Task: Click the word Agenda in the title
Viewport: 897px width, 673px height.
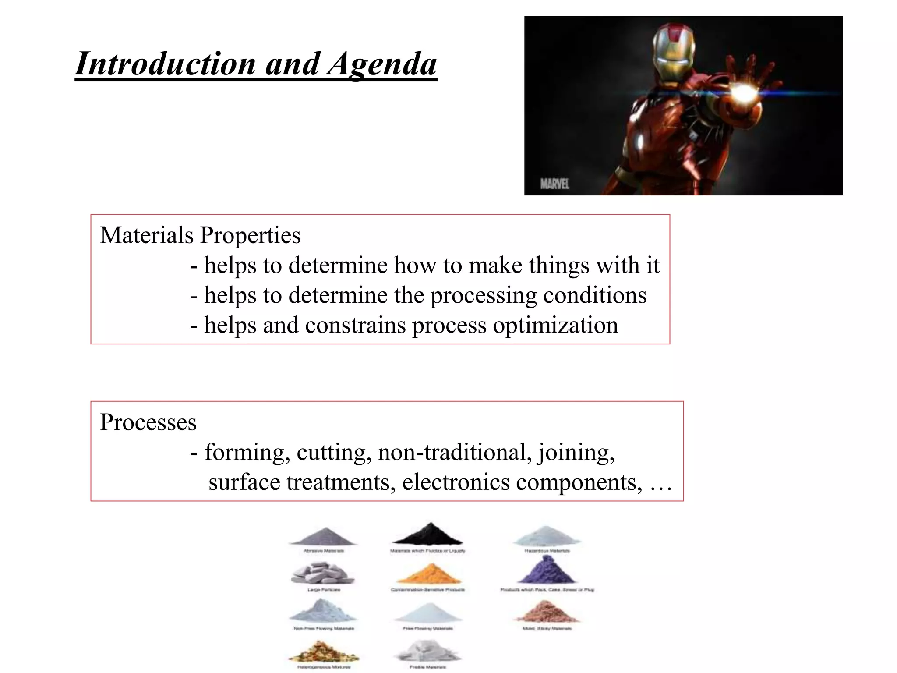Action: [x=382, y=64]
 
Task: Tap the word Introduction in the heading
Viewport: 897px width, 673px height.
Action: [x=165, y=64]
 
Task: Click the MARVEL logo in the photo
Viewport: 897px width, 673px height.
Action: [x=554, y=184]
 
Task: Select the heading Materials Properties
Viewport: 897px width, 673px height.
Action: [x=200, y=235]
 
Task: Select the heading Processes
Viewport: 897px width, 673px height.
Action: [x=148, y=422]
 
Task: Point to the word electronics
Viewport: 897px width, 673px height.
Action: [x=456, y=482]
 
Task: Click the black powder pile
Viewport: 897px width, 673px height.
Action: [x=427, y=535]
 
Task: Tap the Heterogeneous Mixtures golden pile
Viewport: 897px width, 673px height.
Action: [x=323, y=652]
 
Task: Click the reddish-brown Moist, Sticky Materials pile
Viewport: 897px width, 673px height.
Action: [x=547, y=612]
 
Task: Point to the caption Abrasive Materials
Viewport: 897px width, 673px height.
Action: [x=324, y=551]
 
